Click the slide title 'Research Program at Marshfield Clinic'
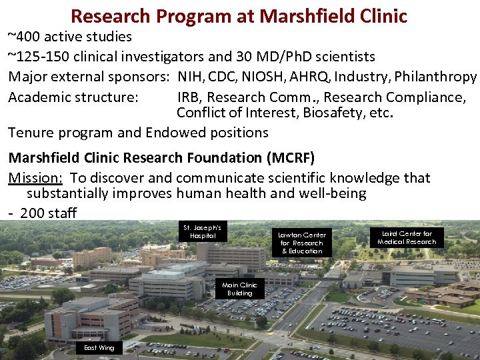point(239,15)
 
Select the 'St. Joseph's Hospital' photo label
point(203,231)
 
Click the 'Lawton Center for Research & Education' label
point(302,243)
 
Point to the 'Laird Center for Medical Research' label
point(406,237)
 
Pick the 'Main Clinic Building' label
point(239,289)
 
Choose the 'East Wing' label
point(99,347)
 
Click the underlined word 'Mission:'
point(35,178)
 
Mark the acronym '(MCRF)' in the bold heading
point(289,158)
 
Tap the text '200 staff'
point(48,213)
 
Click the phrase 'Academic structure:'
point(73,97)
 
